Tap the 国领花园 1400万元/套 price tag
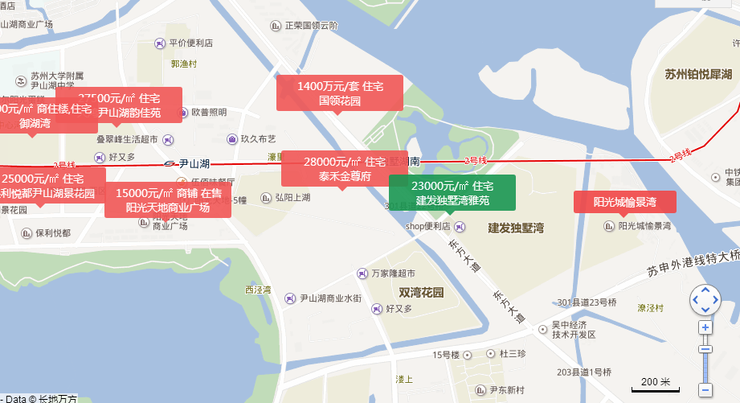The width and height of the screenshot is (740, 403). [340, 93]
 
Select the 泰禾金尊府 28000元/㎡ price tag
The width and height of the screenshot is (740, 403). [344, 169]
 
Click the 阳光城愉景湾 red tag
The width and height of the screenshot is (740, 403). [624, 202]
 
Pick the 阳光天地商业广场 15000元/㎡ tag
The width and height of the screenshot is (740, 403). [167, 199]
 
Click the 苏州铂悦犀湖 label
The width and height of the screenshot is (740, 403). [697, 75]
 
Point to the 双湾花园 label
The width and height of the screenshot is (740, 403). [421, 293]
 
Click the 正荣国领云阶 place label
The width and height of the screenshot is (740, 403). [309, 26]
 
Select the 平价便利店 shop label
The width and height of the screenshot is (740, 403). [190, 43]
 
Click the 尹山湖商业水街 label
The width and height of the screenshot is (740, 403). [329, 299]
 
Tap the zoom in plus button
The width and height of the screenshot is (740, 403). [705, 327]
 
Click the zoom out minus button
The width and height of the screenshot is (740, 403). [705, 390]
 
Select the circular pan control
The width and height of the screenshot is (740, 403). [705, 299]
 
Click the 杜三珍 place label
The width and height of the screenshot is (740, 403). [511, 353]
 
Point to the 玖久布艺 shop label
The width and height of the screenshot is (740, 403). [257, 139]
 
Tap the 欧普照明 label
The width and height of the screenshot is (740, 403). [207, 113]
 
